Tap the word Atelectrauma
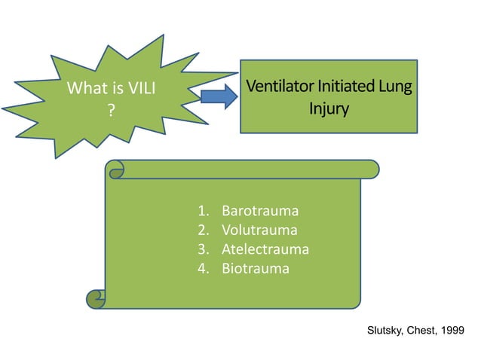(265, 249)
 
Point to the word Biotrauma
(255, 268)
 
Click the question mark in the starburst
(111, 110)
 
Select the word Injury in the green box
(329, 108)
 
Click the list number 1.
(203, 211)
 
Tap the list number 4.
(203, 268)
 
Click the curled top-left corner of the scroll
(115, 170)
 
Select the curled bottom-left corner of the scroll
(96, 299)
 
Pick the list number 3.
(203, 249)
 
